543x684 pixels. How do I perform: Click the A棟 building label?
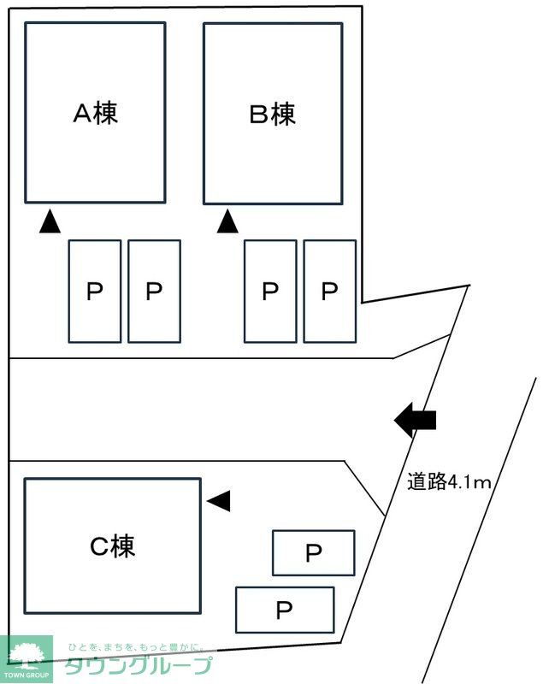95,114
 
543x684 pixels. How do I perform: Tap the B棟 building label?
273,114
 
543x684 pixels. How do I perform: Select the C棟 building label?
113,546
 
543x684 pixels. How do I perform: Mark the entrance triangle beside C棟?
219,501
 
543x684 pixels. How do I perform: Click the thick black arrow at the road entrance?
416,420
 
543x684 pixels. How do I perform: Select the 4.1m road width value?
469,482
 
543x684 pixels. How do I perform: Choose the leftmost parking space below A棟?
94,292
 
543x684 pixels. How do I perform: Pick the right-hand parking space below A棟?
154,292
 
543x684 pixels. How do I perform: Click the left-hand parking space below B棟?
270,292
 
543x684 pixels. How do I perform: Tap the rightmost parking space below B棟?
330,292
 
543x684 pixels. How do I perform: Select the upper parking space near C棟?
313,553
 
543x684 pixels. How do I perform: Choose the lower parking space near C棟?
284,610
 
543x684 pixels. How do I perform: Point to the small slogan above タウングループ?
137,647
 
